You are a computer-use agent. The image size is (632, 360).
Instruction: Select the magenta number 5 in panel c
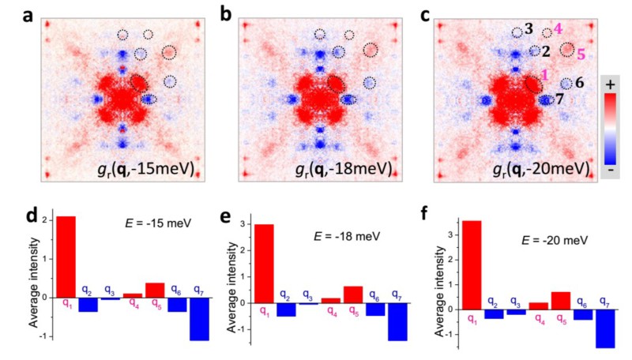pyautogui.click(x=581, y=54)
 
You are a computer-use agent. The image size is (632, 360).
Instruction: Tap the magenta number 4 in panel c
pyautogui.click(x=558, y=28)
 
